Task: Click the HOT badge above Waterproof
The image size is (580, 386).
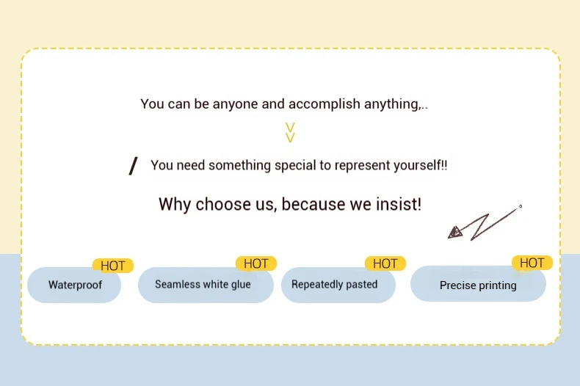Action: tap(112, 266)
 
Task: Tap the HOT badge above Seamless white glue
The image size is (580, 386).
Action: tap(256, 263)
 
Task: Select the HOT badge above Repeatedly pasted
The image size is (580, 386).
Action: tap(385, 263)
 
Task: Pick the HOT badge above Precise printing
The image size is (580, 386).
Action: tap(532, 263)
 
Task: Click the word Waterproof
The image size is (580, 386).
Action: tap(75, 285)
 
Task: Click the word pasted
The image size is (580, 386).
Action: tap(362, 284)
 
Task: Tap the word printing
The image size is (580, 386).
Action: tap(498, 285)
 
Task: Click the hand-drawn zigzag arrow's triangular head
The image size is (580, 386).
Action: tap(455, 232)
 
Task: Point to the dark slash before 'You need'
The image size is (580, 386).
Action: tap(133, 166)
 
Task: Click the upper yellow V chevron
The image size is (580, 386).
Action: tap(291, 127)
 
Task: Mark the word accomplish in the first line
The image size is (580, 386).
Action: tap(324, 104)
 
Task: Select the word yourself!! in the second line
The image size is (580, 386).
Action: tap(420, 165)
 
